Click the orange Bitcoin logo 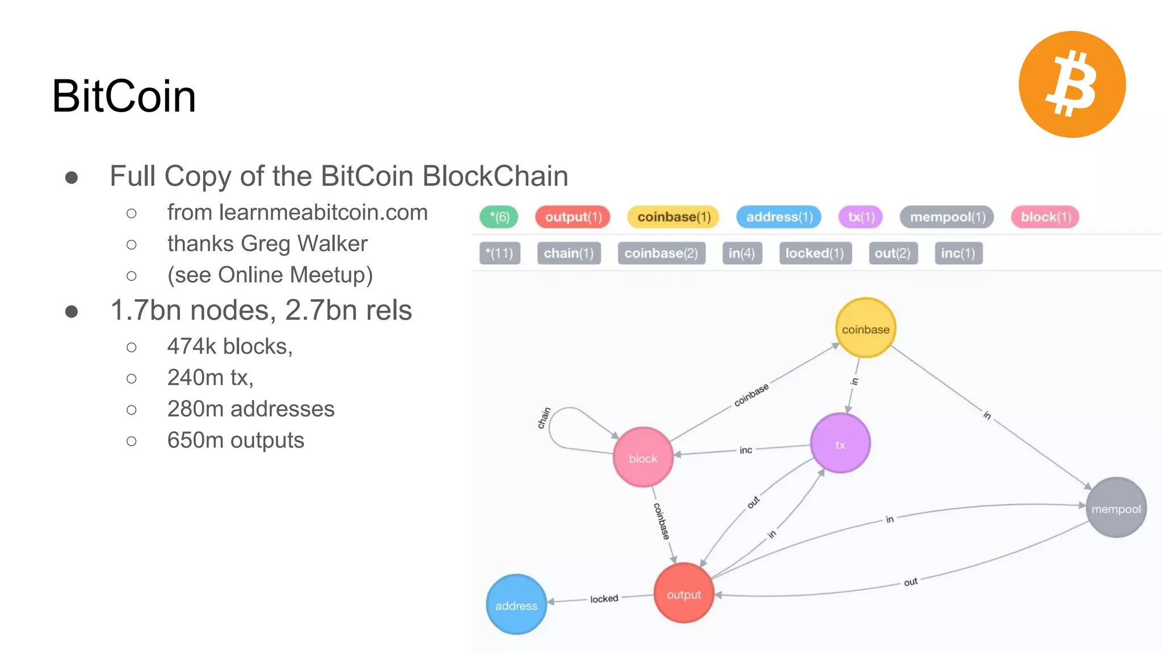(1072, 84)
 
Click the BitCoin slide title (124, 96)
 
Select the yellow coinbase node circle (865, 328)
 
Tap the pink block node (643, 457)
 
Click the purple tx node (840, 444)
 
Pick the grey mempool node (1116, 508)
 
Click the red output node (684, 593)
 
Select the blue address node (516, 605)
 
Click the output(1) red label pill (572, 217)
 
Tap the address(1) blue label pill (778, 217)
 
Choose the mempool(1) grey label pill (946, 217)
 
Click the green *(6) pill (499, 217)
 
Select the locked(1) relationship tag (814, 253)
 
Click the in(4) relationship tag (742, 253)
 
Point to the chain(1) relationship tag (569, 253)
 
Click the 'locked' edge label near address (604, 599)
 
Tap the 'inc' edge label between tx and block (746, 450)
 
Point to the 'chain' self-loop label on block (544, 418)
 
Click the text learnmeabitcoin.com (323, 213)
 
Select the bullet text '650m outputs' (235, 440)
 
